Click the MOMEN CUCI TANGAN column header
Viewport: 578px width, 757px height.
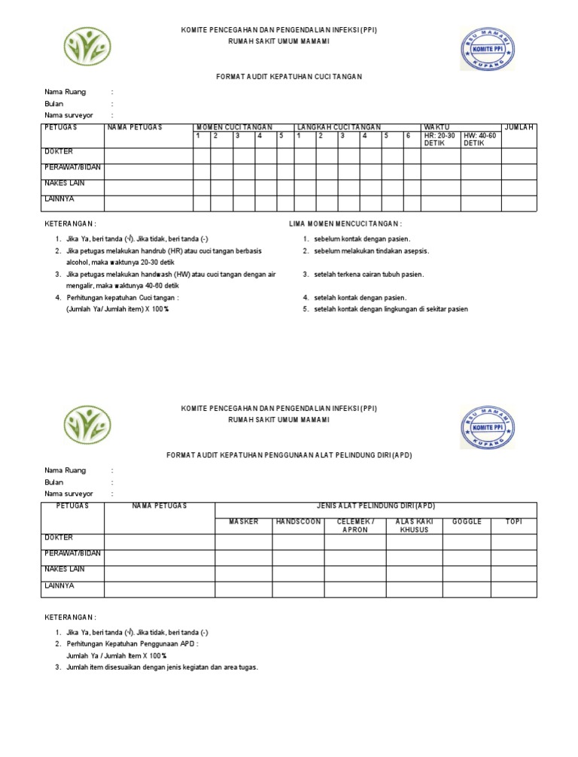coord(234,127)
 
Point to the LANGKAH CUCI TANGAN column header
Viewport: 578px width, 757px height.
coord(339,127)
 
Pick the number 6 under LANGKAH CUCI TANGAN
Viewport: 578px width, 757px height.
coord(408,136)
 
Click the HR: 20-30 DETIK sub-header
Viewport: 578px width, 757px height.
coord(440,139)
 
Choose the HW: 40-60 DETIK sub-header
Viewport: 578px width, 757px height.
coord(480,139)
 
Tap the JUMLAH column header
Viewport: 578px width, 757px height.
coord(519,127)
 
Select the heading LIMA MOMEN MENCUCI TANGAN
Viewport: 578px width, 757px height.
coord(345,223)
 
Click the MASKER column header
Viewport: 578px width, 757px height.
coord(243,521)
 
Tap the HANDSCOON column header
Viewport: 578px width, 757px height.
coord(298,521)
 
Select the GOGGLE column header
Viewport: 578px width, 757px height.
coord(467,521)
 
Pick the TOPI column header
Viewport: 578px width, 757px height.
coord(514,521)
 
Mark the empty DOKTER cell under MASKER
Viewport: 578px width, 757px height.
coord(243,542)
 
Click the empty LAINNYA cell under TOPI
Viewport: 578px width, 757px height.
coord(514,589)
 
